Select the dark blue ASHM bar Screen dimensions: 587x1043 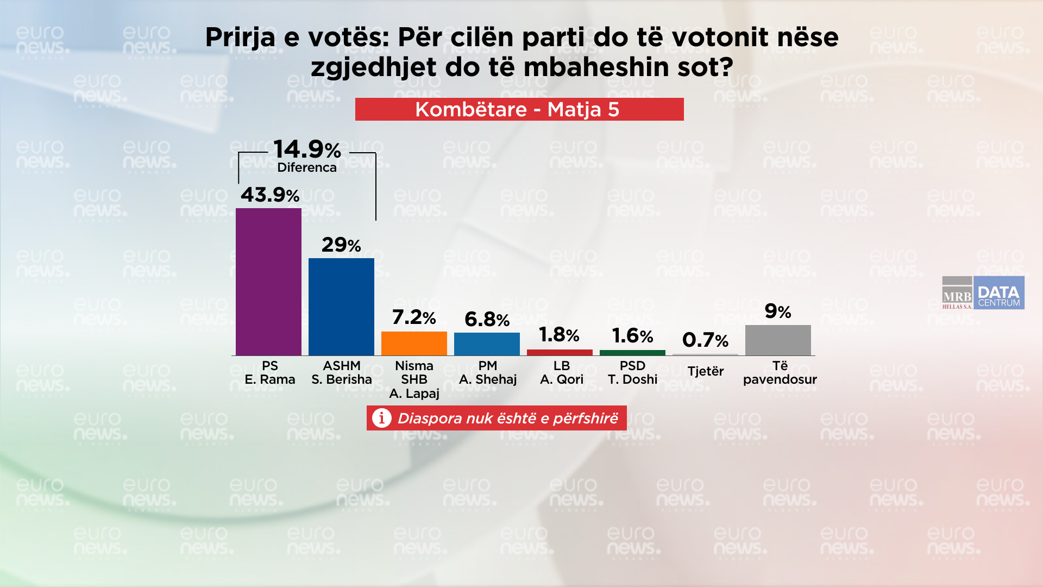[x=341, y=307]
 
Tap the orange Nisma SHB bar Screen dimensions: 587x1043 [x=414, y=343]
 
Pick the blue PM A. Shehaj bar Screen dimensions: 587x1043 [x=487, y=344]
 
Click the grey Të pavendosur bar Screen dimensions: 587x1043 [x=778, y=340]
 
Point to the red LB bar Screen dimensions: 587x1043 [x=560, y=352]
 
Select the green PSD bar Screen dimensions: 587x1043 [x=632, y=353]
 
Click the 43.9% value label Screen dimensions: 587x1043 [x=270, y=195]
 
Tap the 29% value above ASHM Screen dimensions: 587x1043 [x=341, y=245]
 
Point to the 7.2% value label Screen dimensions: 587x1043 [x=414, y=317]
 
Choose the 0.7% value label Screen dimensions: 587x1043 [x=705, y=340]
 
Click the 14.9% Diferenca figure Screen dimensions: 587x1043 [x=307, y=149]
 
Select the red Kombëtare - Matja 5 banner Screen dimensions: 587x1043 [x=519, y=109]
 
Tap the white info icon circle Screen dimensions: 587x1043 [x=382, y=418]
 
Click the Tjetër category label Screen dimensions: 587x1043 [x=705, y=371]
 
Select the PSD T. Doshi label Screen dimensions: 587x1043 [x=632, y=372]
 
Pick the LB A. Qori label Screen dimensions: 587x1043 [x=561, y=372]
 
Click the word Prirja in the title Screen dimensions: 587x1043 [x=240, y=38]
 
